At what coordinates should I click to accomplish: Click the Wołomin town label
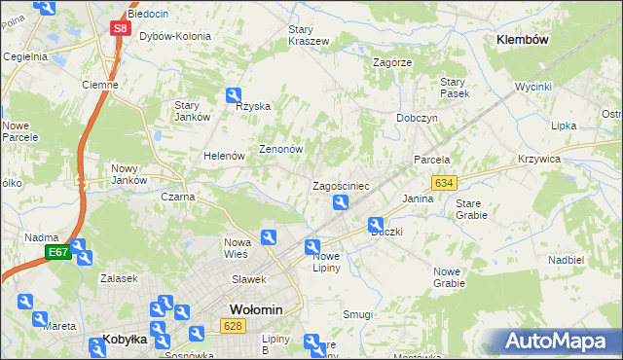tap(256, 309)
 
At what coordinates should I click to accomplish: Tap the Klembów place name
tap(524, 40)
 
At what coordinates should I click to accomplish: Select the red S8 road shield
tap(119, 28)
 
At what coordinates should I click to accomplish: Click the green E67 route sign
tap(57, 253)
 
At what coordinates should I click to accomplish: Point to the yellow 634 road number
tap(445, 183)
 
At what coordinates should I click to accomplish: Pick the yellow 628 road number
tap(232, 327)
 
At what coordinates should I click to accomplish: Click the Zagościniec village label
tap(340, 185)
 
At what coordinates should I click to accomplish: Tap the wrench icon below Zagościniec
tap(341, 202)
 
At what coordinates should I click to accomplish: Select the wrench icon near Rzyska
tap(234, 95)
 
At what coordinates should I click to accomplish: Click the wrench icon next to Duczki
tap(376, 226)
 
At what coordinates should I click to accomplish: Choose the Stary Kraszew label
tap(308, 35)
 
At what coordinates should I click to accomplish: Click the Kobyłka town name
tap(125, 340)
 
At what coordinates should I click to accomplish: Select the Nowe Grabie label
tap(449, 277)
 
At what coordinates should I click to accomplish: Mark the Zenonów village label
tap(281, 150)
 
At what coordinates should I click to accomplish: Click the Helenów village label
tap(222, 156)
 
